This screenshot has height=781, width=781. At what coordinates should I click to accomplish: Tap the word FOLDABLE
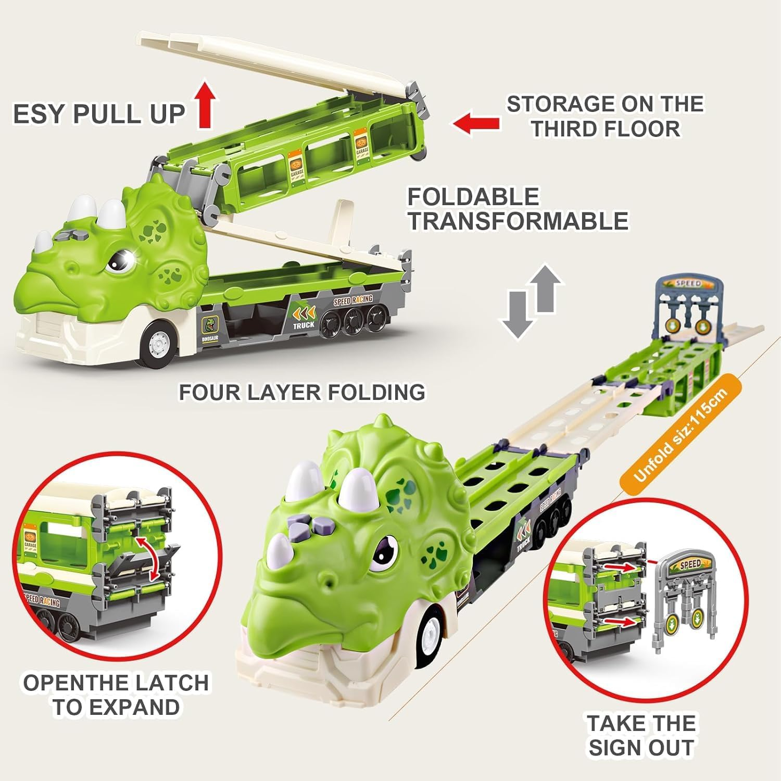click(473, 197)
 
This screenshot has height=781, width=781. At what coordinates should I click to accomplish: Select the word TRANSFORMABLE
click(518, 221)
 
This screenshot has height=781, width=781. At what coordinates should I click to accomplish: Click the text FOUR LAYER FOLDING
click(302, 392)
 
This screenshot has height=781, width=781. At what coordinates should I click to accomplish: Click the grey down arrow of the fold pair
click(517, 315)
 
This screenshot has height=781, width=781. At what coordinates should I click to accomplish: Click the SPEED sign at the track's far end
click(688, 284)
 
